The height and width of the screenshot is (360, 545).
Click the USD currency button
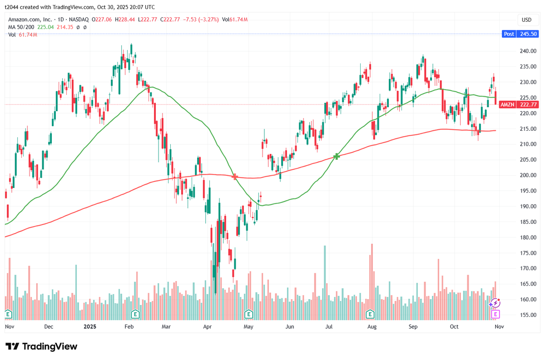pos(526,20)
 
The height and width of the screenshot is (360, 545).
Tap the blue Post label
pos(509,34)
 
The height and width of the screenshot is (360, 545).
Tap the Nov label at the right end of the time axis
pos(499,326)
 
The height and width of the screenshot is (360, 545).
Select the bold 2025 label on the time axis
pos(90,326)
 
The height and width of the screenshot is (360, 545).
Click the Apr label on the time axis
pos(208,326)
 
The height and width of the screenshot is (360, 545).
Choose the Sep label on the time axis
pos(413,326)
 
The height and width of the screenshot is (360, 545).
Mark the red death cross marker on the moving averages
pos(235,176)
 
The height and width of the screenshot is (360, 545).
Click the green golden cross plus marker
pos(337,156)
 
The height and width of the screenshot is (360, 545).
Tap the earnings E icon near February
pos(135,314)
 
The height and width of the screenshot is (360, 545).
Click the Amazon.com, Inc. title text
pos(29,20)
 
